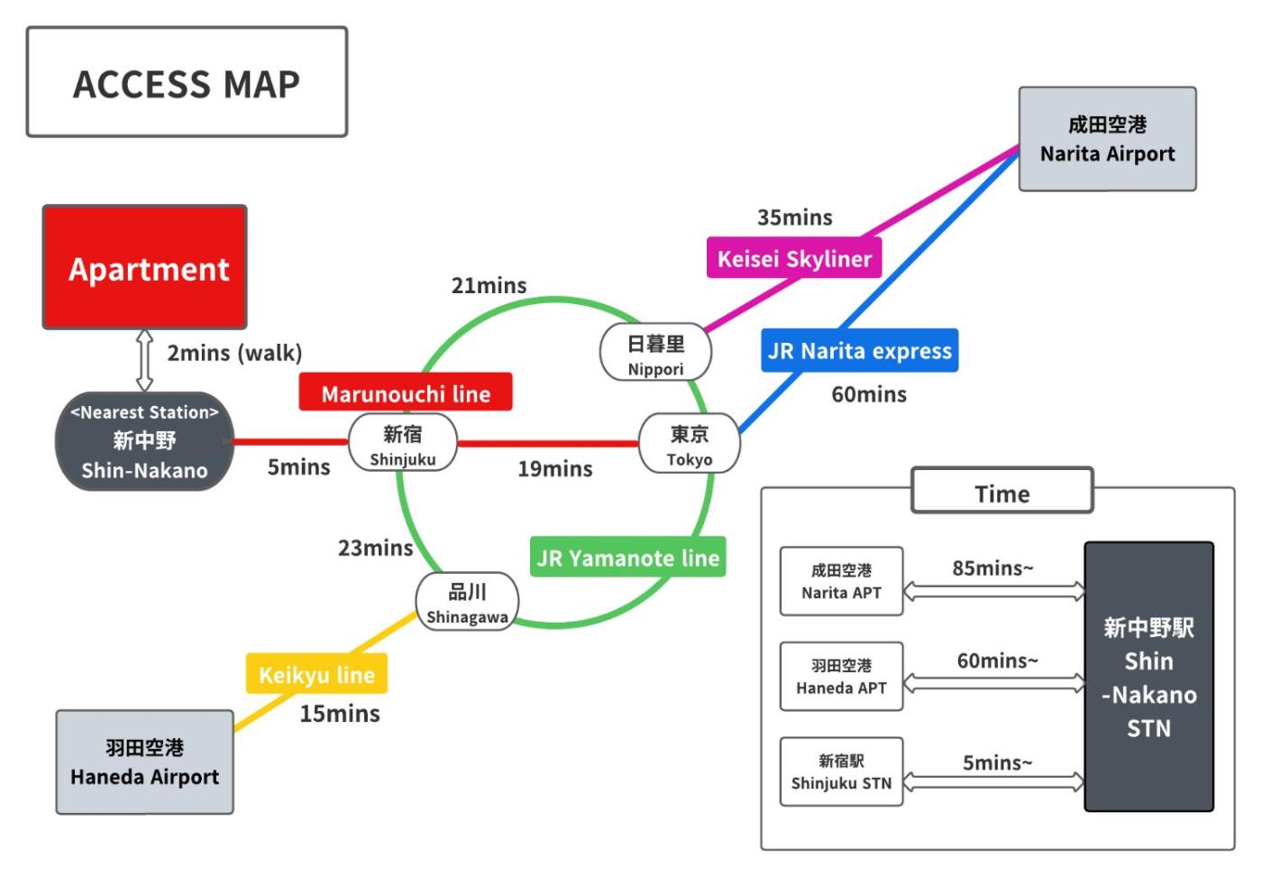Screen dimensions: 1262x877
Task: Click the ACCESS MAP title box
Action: click(187, 82)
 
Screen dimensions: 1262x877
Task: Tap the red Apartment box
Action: click(145, 267)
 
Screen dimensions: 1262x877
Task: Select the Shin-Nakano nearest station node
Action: click(144, 441)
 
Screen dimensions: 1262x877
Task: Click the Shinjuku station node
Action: click(403, 443)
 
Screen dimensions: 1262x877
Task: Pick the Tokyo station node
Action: click(690, 443)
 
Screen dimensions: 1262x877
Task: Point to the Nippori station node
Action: click(656, 352)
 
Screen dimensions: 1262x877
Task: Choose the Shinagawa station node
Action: click(467, 602)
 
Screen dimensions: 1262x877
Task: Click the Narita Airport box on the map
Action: click(1108, 139)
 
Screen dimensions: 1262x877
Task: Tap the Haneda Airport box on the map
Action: click(145, 762)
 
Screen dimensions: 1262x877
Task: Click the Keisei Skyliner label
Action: click(794, 258)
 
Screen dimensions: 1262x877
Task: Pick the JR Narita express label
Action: click(860, 350)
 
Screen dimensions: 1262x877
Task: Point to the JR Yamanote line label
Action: click(628, 558)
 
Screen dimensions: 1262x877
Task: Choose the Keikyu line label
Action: click(316, 673)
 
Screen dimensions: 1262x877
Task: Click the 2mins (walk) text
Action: click(235, 354)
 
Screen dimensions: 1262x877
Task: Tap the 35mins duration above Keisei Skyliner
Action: click(795, 217)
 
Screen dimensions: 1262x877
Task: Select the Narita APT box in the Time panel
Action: click(842, 581)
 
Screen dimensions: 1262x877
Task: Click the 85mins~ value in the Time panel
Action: click(993, 568)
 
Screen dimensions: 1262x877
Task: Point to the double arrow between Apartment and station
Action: click(145, 360)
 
